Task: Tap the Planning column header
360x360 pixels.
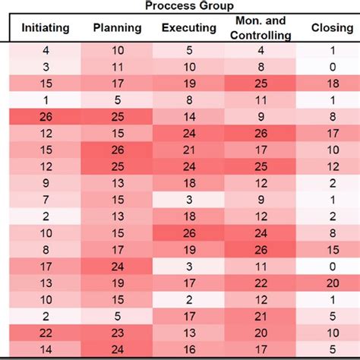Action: pos(116,28)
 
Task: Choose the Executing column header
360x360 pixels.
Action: pos(188,28)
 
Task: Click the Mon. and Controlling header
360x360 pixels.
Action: pos(261,29)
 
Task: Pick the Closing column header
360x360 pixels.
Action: pos(333,28)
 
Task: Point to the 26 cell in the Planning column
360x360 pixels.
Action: pos(116,150)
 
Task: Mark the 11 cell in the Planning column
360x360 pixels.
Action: pos(116,67)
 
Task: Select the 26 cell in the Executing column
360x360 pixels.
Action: pos(188,232)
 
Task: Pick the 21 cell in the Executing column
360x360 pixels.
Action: pos(188,150)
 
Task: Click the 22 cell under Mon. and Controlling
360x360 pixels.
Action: pos(261,282)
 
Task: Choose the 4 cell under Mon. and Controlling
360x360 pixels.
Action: pos(261,50)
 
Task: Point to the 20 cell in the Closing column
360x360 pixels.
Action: pos(333,282)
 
